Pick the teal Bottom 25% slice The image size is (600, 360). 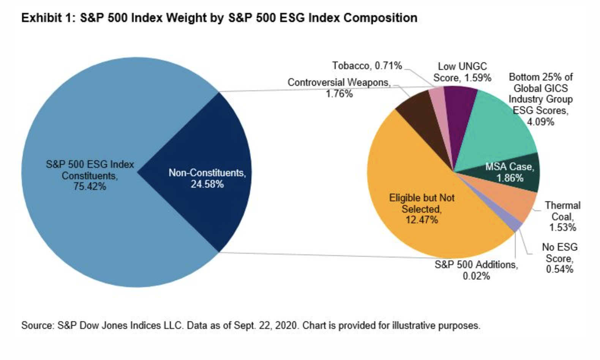pos(497,129)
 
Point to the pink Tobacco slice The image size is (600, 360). pos(438,106)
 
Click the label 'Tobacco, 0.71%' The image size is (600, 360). pos(367,66)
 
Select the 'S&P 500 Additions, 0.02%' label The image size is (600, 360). pos(476,270)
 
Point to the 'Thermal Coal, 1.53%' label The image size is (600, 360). pos(563,216)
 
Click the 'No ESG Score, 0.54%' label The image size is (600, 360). pos(559,258)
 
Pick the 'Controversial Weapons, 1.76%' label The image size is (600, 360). pos(339,88)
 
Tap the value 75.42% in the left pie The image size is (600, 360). pos(90,187)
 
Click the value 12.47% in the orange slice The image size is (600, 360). pos(422,220)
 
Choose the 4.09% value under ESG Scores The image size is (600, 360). pos(540,122)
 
